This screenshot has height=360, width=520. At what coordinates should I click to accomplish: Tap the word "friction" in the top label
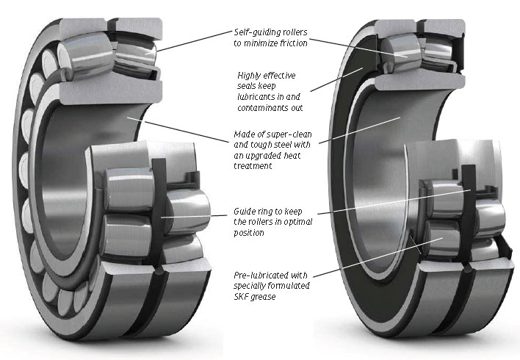click(x=290, y=43)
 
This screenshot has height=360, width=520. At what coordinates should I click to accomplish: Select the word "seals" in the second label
click(x=248, y=86)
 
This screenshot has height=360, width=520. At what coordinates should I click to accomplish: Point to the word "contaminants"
click(x=262, y=107)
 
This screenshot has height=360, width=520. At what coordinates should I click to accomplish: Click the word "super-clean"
click(x=278, y=134)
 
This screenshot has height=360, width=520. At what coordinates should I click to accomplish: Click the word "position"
click(x=248, y=232)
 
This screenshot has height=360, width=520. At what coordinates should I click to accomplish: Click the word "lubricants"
click(x=258, y=97)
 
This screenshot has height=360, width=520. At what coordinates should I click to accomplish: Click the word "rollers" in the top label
click(x=292, y=32)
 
